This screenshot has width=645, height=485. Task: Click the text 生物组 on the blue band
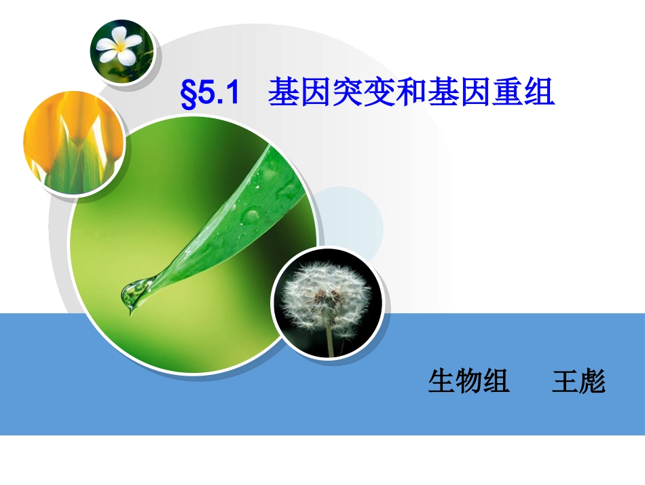point(468,382)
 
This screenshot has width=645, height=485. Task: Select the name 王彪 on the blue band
point(578,382)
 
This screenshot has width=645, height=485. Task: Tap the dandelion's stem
point(330,340)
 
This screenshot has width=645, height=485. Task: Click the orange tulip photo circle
point(73,143)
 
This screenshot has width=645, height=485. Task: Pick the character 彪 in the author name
point(592,382)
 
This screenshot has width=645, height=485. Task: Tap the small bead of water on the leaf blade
point(251,216)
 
